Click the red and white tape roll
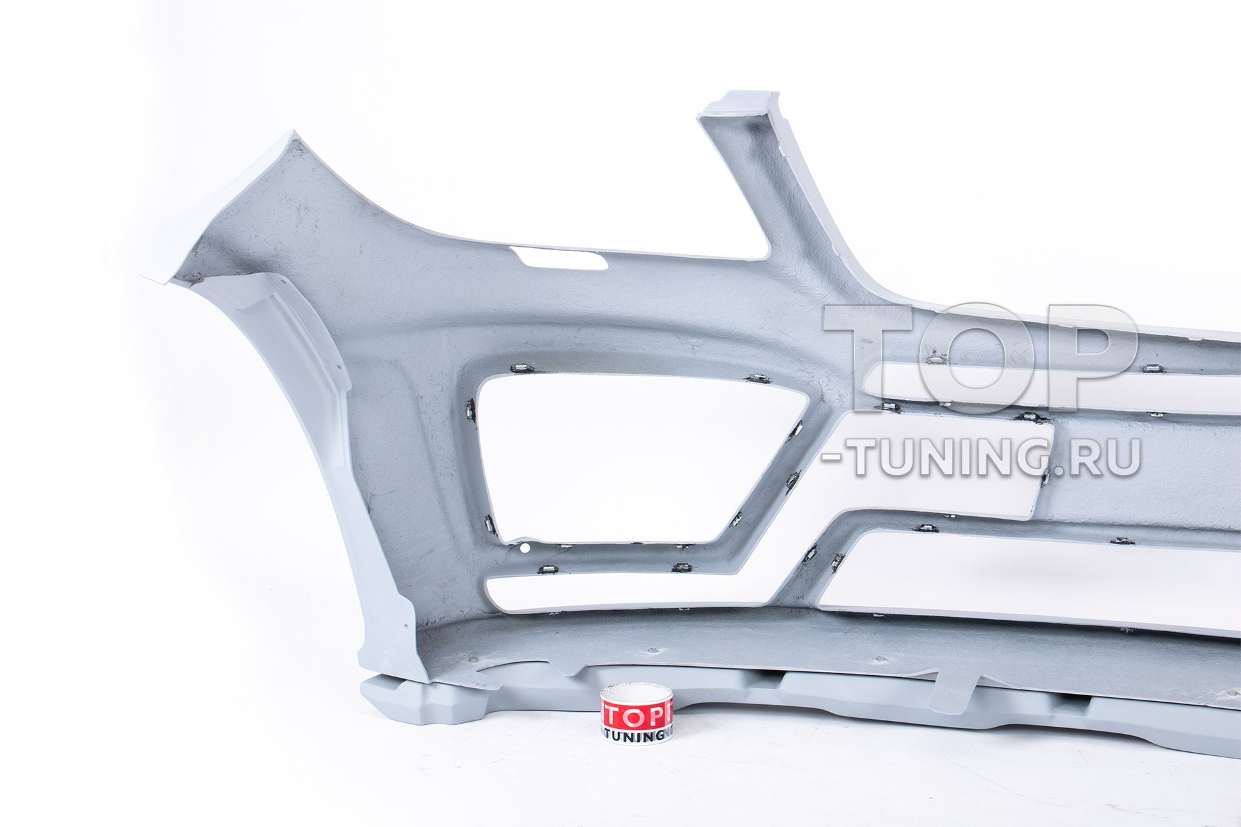tap(637, 715)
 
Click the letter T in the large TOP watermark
tap(870, 358)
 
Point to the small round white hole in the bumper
tap(524, 549)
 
